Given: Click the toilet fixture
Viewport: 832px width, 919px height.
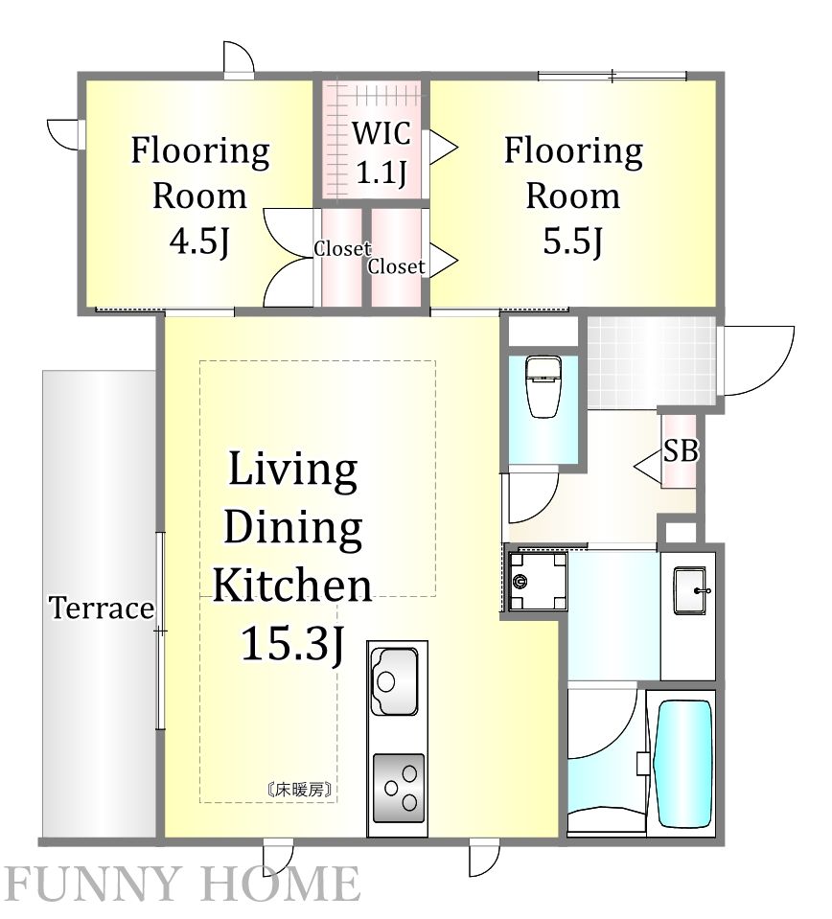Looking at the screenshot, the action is tap(543, 387).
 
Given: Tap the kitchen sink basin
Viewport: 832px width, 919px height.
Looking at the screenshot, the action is tap(394, 680).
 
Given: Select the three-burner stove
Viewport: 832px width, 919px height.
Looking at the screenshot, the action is tap(398, 788).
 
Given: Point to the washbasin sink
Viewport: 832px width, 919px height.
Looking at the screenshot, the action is tap(691, 590).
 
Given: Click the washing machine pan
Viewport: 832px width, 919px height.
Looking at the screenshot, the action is tap(538, 581).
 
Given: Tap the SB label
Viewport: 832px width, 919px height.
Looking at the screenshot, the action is tap(681, 451).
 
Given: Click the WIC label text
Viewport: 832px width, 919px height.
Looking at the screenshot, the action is tap(381, 133).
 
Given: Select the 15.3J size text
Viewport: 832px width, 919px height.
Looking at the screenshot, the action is tap(292, 643).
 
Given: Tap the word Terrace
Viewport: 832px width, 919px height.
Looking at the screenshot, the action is tap(102, 608).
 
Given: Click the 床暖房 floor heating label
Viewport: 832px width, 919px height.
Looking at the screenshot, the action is tap(300, 790).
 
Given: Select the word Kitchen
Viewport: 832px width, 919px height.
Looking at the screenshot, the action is tap(291, 585).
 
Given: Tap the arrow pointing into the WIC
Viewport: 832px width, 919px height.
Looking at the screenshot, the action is tap(443, 147).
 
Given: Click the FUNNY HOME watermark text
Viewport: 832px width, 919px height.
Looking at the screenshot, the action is tap(183, 885).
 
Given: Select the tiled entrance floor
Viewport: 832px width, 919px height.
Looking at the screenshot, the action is tap(652, 362).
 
